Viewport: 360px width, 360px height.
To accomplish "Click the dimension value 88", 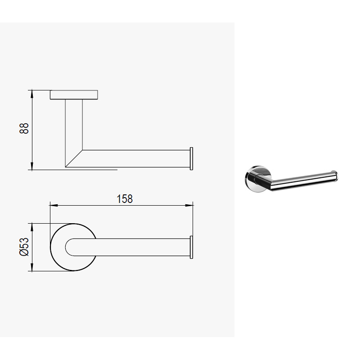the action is [24, 128].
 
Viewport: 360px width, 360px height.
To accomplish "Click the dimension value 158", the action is [125, 199].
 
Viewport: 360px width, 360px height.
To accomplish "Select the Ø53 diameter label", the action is [24, 247].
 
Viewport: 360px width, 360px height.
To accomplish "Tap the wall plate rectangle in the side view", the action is [74, 95].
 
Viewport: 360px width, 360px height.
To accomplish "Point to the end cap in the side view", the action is [192, 159].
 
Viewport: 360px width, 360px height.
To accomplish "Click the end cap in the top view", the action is [192, 247].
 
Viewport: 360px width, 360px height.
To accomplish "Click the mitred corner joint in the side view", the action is [74, 159].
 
